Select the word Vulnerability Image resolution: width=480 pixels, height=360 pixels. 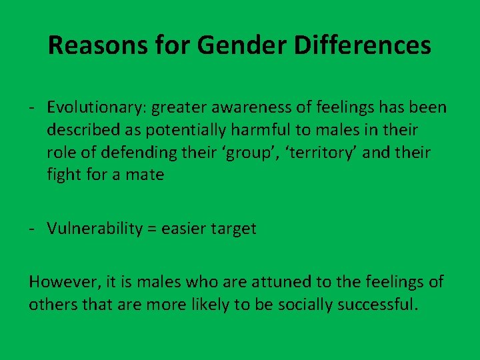(95, 229)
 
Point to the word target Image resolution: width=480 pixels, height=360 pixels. (233, 229)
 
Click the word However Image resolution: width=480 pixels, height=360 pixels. (60, 282)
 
